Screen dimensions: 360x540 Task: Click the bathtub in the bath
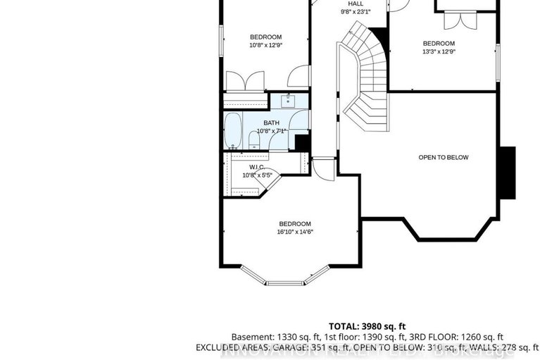[x=234, y=132]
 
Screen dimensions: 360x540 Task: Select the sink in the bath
[x=289, y=100]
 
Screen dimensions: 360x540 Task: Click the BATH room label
[x=262, y=123]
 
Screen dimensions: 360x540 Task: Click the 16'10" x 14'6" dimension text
[x=295, y=232]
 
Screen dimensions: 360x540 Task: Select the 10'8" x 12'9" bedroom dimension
[x=265, y=45]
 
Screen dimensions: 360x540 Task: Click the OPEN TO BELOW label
[x=443, y=157]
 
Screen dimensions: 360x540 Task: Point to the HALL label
[x=355, y=4]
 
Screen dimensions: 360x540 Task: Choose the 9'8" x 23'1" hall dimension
[x=355, y=12]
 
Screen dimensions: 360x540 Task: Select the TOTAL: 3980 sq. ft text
[x=368, y=326]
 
